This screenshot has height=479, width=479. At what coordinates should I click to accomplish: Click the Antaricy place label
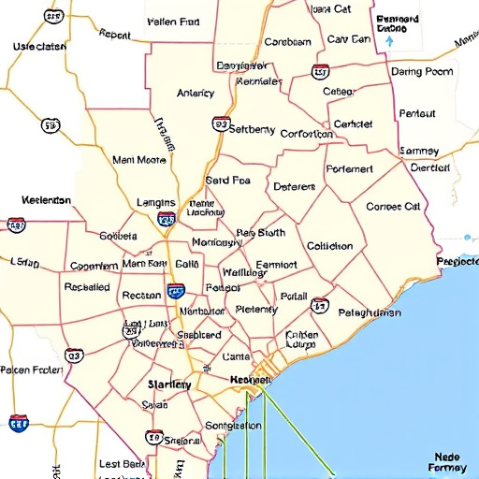196,93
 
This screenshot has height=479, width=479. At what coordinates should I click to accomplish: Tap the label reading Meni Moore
138,159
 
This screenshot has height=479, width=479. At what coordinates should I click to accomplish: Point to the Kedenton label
46,200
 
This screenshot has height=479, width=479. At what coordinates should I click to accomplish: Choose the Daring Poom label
422,71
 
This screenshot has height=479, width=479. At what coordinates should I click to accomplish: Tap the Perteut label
417,114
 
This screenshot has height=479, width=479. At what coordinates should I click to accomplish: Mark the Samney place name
419,151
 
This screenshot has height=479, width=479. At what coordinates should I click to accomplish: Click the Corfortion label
306,134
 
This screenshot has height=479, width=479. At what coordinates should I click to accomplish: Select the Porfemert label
349,169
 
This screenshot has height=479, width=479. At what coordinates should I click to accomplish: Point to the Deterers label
296,186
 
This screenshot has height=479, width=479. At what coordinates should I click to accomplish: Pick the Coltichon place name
329,246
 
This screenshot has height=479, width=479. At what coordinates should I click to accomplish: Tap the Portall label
294,296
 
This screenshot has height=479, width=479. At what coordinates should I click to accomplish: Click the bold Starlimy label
169,385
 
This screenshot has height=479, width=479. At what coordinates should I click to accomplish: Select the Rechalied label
87,287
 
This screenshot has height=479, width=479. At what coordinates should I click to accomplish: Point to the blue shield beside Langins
167,220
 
